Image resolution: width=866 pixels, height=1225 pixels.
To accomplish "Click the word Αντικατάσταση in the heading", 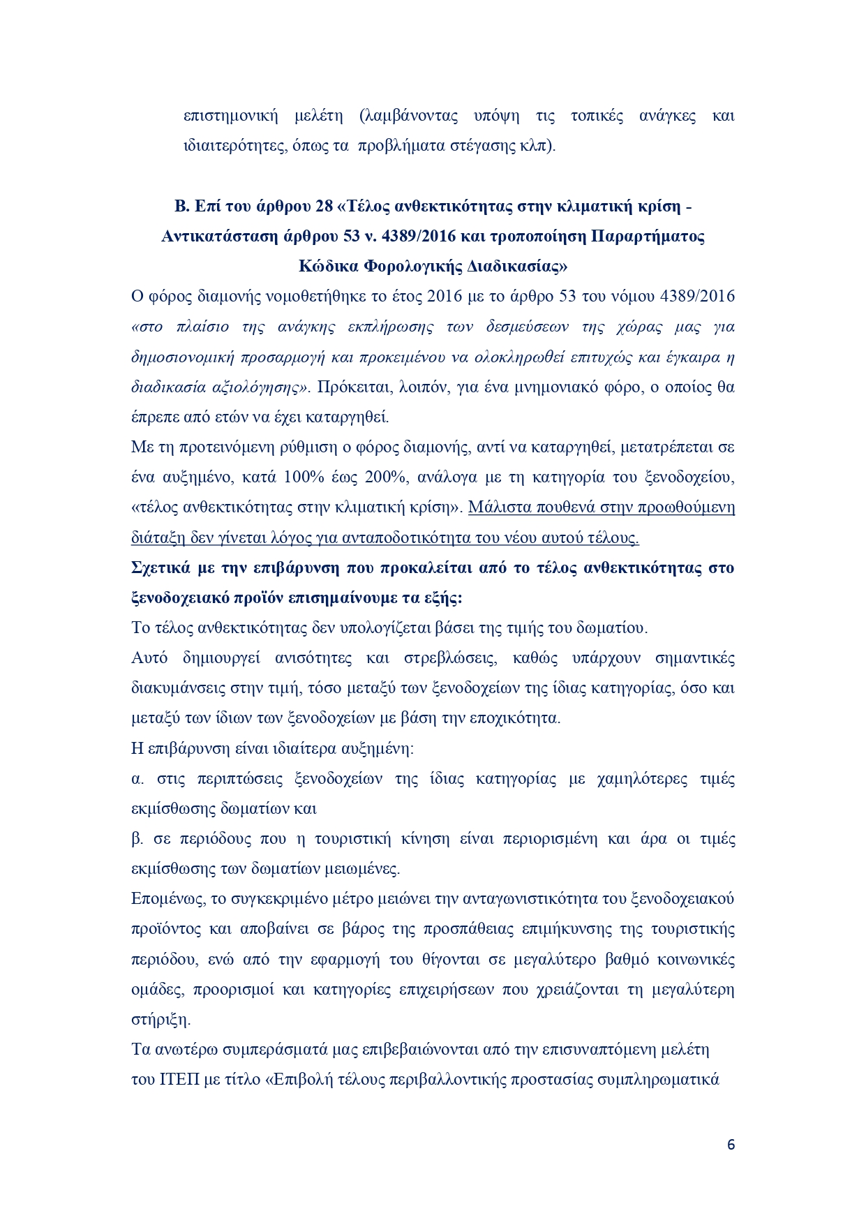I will tap(214, 237).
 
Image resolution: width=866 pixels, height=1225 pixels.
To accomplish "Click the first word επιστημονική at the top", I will tap(231, 116).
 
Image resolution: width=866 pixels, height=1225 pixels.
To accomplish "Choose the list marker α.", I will tap(136, 779).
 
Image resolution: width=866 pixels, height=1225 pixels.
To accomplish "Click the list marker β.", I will tap(136, 839).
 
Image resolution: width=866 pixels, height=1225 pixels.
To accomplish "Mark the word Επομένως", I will tap(167, 899).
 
